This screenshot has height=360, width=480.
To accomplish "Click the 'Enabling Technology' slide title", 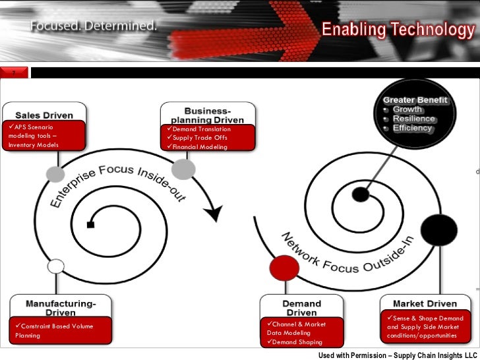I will pyautogui.click(x=398, y=29).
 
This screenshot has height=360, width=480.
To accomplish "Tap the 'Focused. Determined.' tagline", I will pyautogui.click(x=94, y=27).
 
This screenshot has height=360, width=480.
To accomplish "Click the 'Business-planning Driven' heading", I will pyautogui.click(x=207, y=115).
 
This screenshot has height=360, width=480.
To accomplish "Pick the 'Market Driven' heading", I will pyautogui.click(x=425, y=304).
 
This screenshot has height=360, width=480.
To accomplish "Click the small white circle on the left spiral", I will pyautogui.click(x=57, y=266).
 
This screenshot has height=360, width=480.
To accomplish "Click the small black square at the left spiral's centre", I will pyautogui.click(x=90, y=225).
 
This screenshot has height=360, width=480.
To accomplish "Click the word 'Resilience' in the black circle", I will pyautogui.click(x=414, y=119).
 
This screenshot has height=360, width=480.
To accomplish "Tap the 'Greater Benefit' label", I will pyautogui.click(x=415, y=100).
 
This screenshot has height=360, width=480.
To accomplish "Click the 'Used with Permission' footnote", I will pyautogui.click(x=397, y=355).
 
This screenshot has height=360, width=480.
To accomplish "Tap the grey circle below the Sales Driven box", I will pyautogui.click(x=56, y=173).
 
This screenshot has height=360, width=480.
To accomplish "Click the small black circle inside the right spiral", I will pyautogui.click(x=360, y=195).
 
